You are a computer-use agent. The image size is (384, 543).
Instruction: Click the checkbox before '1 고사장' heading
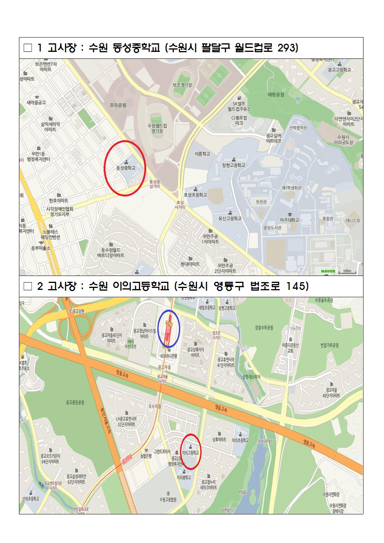pyautogui.click(x=28, y=48)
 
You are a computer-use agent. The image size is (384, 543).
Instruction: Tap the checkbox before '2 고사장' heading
pyautogui.click(x=28, y=287)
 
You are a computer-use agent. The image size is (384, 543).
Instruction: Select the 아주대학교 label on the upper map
pyautogui.click(x=290, y=220)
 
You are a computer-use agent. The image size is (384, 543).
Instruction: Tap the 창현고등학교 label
pyautogui.click(x=234, y=165)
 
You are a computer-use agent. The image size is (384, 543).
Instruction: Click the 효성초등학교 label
pyautogui.click(x=195, y=195)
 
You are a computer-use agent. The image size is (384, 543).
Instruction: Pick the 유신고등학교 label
pyautogui.click(x=230, y=219)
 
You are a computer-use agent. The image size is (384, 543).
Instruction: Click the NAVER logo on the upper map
pyautogui.click(x=328, y=271)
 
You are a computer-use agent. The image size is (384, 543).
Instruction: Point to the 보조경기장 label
pyautogui.click(x=182, y=85)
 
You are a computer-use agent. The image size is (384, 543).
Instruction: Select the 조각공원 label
pyautogui.click(x=118, y=105)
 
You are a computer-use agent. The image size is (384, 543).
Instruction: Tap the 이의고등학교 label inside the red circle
pyautogui.click(x=190, y=452)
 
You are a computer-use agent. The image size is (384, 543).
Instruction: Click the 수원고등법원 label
pyautogui.click(x=168, y=499)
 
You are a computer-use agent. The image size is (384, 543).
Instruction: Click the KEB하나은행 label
pyautogui.click(x=168, y=355)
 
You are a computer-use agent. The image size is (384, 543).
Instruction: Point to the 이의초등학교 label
pyautogui.click(x=240, y=440)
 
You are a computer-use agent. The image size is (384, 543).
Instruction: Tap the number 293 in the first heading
pyautogui.click(x=288, y=48)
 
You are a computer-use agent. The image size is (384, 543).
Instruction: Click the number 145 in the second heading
pyautogui.click(x=298, y=287)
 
